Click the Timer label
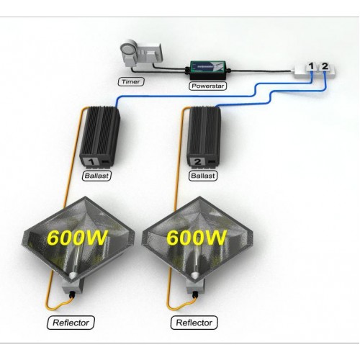click(131, 81)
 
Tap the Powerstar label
click(208, 86)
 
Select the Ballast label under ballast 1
click(96, 176)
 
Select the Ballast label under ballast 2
click(203, 176)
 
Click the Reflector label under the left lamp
click(71, 323)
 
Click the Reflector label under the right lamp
click(194, 323)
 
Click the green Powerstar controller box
click(208, 71)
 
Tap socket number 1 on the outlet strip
click(311, 66)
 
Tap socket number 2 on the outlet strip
click(325, 66)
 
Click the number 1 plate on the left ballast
click(91, 161)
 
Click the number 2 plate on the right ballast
click(198, 161)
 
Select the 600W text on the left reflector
click(76, 238)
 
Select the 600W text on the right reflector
click(197, 238)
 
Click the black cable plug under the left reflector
click(72, 294)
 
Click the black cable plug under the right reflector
click(196, 294)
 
